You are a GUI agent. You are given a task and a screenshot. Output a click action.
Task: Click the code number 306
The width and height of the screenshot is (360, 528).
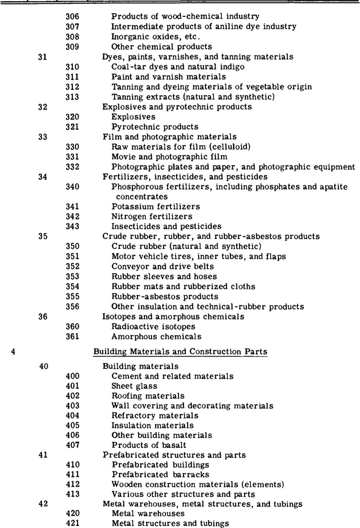click(73, 17)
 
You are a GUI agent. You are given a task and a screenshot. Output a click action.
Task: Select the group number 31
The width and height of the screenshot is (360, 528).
click(44, 57)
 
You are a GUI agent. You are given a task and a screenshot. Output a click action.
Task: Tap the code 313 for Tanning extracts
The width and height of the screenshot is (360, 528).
click(73, 96)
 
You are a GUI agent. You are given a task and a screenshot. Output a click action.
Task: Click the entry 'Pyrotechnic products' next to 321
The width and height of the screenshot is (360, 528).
click(147, 127)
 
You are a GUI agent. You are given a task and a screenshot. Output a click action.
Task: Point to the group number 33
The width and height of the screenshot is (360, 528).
click(44, 136)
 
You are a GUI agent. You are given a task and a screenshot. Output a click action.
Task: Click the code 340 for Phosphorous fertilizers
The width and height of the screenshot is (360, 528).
click(73, 186)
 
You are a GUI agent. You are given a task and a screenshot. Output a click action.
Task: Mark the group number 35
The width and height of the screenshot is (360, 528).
click(44, 236)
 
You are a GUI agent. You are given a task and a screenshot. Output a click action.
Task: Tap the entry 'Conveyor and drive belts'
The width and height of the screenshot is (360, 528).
click(156, 266)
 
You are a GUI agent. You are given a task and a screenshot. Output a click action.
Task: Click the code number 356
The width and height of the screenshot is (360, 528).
click(73, 306)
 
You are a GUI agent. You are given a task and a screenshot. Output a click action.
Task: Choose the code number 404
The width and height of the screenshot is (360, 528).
click(73, 415)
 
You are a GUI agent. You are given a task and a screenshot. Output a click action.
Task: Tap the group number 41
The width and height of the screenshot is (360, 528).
click(44, 455)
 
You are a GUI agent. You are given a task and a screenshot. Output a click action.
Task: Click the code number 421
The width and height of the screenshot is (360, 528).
click(73, 523)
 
